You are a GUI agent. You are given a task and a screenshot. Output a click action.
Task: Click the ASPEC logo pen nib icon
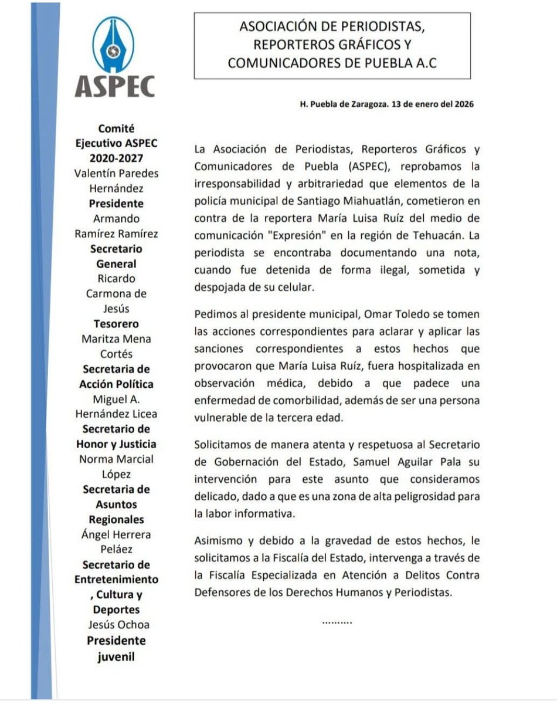pyautogui.click(x=114, y=43)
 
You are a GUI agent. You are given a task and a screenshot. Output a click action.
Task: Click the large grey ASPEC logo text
pyautogui.click(x=115, y=86)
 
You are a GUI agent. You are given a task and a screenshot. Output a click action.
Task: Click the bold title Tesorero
pyautogui.click(x=115, y=324)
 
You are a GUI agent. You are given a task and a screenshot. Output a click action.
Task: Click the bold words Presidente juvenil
pyautogui.click(x=116, y=648)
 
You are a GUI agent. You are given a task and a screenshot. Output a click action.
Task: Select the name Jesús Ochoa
pyautogui.click(x=116, y=625)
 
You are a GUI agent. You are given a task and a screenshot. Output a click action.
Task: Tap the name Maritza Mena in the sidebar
pyautogui.click(x=116, y=339)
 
